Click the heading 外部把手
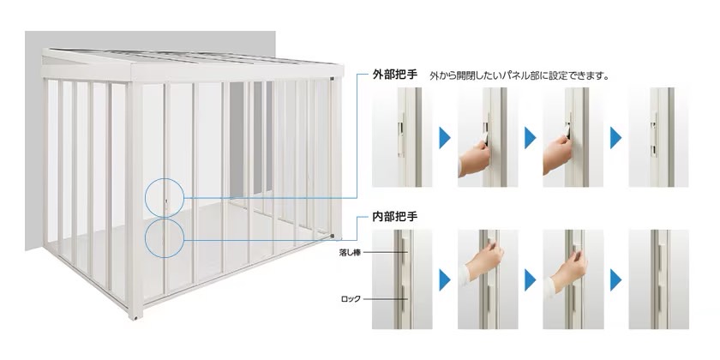pyautogui.click(x=395, y=75)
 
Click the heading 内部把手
pyautogui.click(x=395, y=217)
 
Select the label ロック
pyautogui.click(x=351, y=299)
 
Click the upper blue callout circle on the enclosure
pyautogui.click(x=165, y=198)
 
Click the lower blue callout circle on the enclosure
pyautogui.click(x=165, y=238)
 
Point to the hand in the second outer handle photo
pyautogui.click(x=474, y=159)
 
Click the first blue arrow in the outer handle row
pyautogui.click(x=445, y=138)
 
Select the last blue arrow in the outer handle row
pyautogui.click(x=615, y=138)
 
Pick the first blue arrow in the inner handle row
pyautogui.click(x=445, y=280)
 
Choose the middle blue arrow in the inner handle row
pyautogui.click(x=530, y=280)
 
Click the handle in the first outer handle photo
pyautogui.click(x=401, y=135)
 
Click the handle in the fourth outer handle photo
pyautogui.click(x=654, y=135)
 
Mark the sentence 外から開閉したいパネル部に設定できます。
pyautogui.click(x=519, y=75)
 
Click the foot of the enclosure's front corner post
pyautogui.click(x=135, y=316)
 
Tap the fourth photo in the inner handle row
pyautogui.click(x=658, y=279)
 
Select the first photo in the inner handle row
pyautogui.click(x=402, y=279)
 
